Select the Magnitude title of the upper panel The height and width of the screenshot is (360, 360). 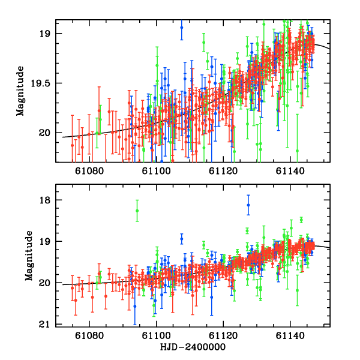point(20,91)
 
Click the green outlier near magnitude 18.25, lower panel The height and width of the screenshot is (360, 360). point(137,211)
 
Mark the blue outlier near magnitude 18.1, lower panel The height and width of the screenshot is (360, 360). point(248,205)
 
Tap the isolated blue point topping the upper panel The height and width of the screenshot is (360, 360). point(182,27)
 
